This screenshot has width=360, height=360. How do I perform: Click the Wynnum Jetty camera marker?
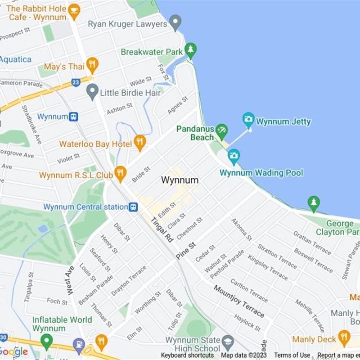click(x=248, y=119)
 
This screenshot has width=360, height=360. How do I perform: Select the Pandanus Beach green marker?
click(x=221, y=131)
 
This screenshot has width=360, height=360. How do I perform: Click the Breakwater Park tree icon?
click(x=191, y=50)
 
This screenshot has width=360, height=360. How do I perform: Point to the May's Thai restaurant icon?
click(x=92, y=65)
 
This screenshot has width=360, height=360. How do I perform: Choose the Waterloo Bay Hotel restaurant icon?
click(x=140, y=142)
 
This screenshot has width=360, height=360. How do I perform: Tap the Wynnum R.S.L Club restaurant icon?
click(x=120, y=173)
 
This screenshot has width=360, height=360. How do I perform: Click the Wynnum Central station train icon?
click(x=133, y=207)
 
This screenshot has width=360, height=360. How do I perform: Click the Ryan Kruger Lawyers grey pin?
click(x=175, y=22)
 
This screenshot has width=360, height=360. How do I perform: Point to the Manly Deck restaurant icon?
click(x=344, y=337)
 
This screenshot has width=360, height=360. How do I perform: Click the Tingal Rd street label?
click(x=162, y=230)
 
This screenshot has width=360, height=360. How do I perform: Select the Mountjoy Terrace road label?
click(x=238, y=301)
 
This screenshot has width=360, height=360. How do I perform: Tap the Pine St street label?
click(x=186, y=251)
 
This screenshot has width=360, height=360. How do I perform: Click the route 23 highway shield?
click(x=76, y=82)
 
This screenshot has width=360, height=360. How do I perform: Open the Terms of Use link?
click(x=292, y=355)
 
